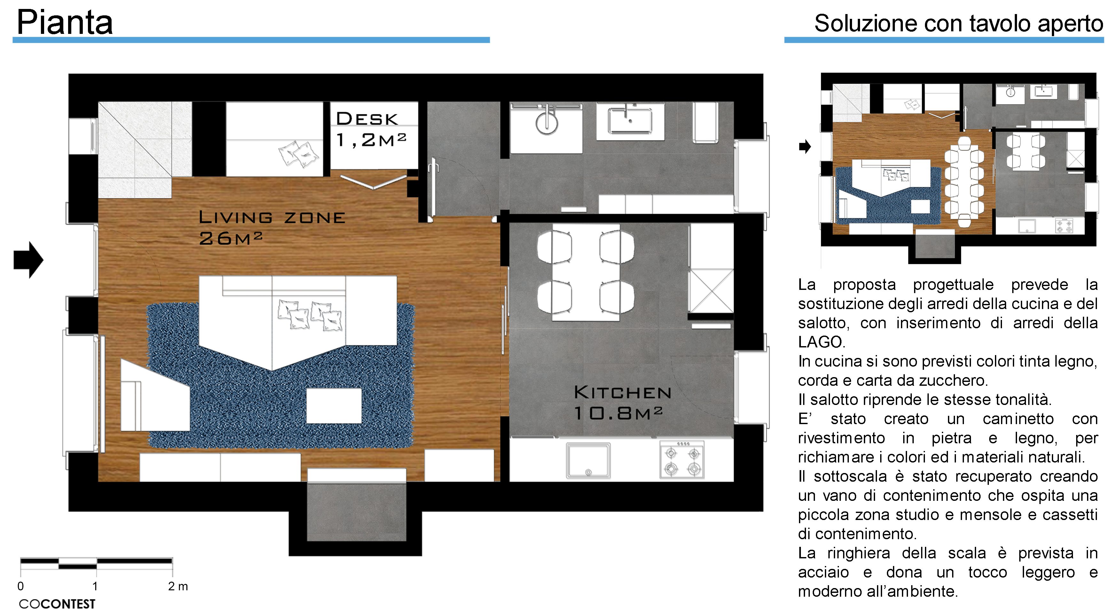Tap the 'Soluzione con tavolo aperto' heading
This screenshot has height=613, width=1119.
tap(958, 23)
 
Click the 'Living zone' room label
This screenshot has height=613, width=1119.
tap(272, 217)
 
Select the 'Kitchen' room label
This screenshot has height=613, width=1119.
tap(622, 392)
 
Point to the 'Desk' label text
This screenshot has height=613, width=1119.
tap(367, 119)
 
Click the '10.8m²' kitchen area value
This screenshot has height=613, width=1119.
tap(618, 413)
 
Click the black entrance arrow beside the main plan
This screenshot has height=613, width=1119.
tap(29, 260)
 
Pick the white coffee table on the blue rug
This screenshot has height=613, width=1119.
tap(333, 406)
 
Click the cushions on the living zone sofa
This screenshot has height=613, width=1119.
tap(310, 315)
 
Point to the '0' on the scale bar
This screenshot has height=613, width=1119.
tap(20, 586)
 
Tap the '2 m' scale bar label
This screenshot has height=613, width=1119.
tap(178, 586)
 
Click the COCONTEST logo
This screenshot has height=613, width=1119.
tap(57, 604)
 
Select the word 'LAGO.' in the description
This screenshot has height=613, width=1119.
tap(822, 342)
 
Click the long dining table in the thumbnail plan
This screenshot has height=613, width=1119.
tap(964, 182)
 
